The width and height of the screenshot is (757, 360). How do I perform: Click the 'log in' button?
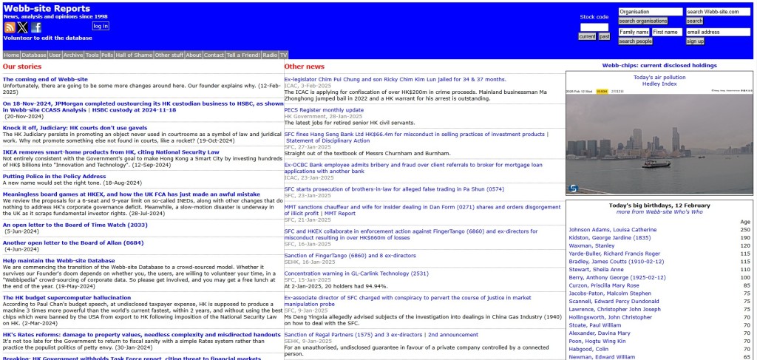click(101, 26)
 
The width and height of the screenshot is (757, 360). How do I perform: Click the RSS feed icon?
click(10, 27)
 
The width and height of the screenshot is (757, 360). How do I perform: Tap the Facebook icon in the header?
click(36, 27)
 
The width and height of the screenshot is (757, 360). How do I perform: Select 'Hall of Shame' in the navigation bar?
click(134, 55)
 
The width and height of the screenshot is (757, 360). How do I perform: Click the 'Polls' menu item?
click(107, 55)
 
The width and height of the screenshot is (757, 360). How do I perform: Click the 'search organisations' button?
click(642, 21)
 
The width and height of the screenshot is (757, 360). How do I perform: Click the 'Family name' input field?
click(634, 33)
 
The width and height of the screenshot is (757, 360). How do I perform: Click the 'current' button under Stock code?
click(587, 36)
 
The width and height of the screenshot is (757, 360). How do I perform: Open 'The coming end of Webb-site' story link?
click(45, 79)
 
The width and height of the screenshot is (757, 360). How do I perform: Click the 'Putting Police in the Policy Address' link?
click(54, 177)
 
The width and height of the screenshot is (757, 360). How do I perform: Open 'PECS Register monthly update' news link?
click(324, 110)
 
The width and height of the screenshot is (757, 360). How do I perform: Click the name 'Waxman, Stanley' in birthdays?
click(592, 245)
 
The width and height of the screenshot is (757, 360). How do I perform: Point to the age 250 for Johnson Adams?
click(744, 230)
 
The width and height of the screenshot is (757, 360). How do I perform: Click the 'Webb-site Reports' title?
click(47, 9)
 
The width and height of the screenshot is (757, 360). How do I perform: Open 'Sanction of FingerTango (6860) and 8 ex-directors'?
click(340, 255)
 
